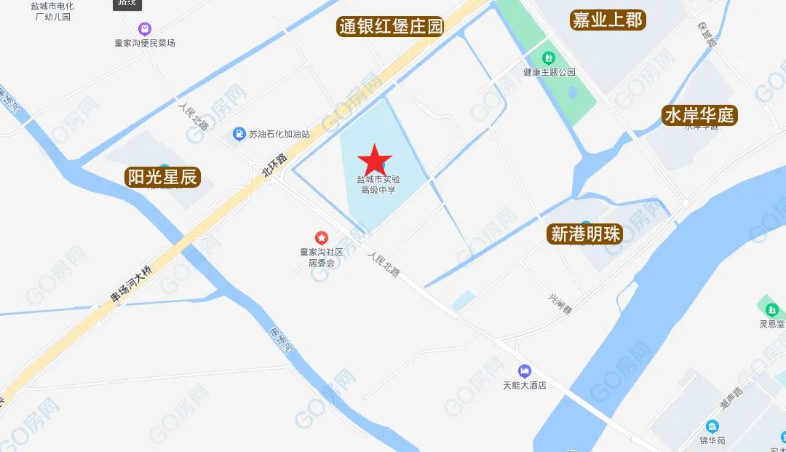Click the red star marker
coord(375,159)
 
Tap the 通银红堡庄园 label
coord(391,27)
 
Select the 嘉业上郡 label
coord(607,20)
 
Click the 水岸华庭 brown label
coord(699,115)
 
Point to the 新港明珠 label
coord(585,234)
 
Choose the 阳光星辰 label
coord(162,177)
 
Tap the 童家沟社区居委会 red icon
coord(321,238)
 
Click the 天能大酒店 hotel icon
coord(524,370)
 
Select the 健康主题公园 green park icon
coord(549,57)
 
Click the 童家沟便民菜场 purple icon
coord(145,29)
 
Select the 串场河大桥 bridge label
coord(131,285)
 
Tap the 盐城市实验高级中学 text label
coord(378,184)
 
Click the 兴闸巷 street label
coord(560,304)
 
